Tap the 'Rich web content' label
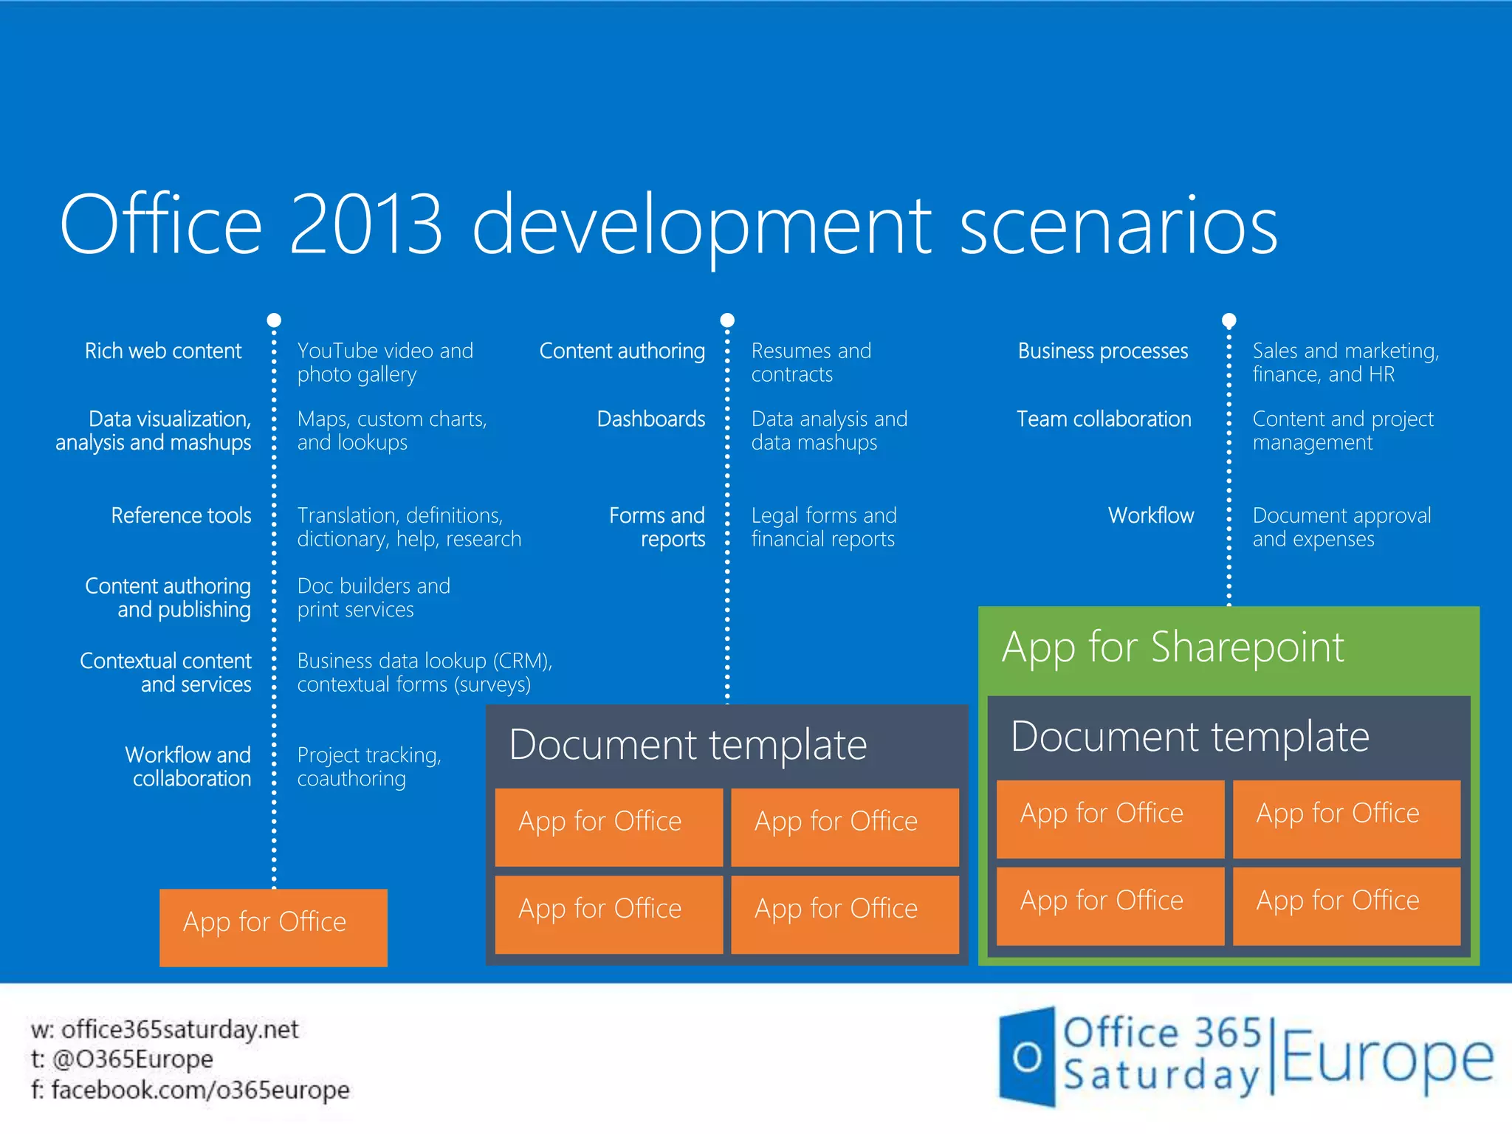163,351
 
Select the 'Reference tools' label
181,515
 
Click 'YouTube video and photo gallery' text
385,362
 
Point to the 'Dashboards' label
650,419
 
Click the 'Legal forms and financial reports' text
823,527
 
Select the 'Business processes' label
1103,351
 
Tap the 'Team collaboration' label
1104,419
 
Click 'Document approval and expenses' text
1341,527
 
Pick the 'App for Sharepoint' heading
1172,647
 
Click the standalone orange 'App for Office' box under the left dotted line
273,927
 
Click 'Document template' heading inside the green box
1189,737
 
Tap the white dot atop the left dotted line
274,320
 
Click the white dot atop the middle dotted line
727,320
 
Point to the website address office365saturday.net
179,1029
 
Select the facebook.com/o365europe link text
200,1090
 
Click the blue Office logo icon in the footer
1026,1057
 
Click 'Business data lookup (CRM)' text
425,661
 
